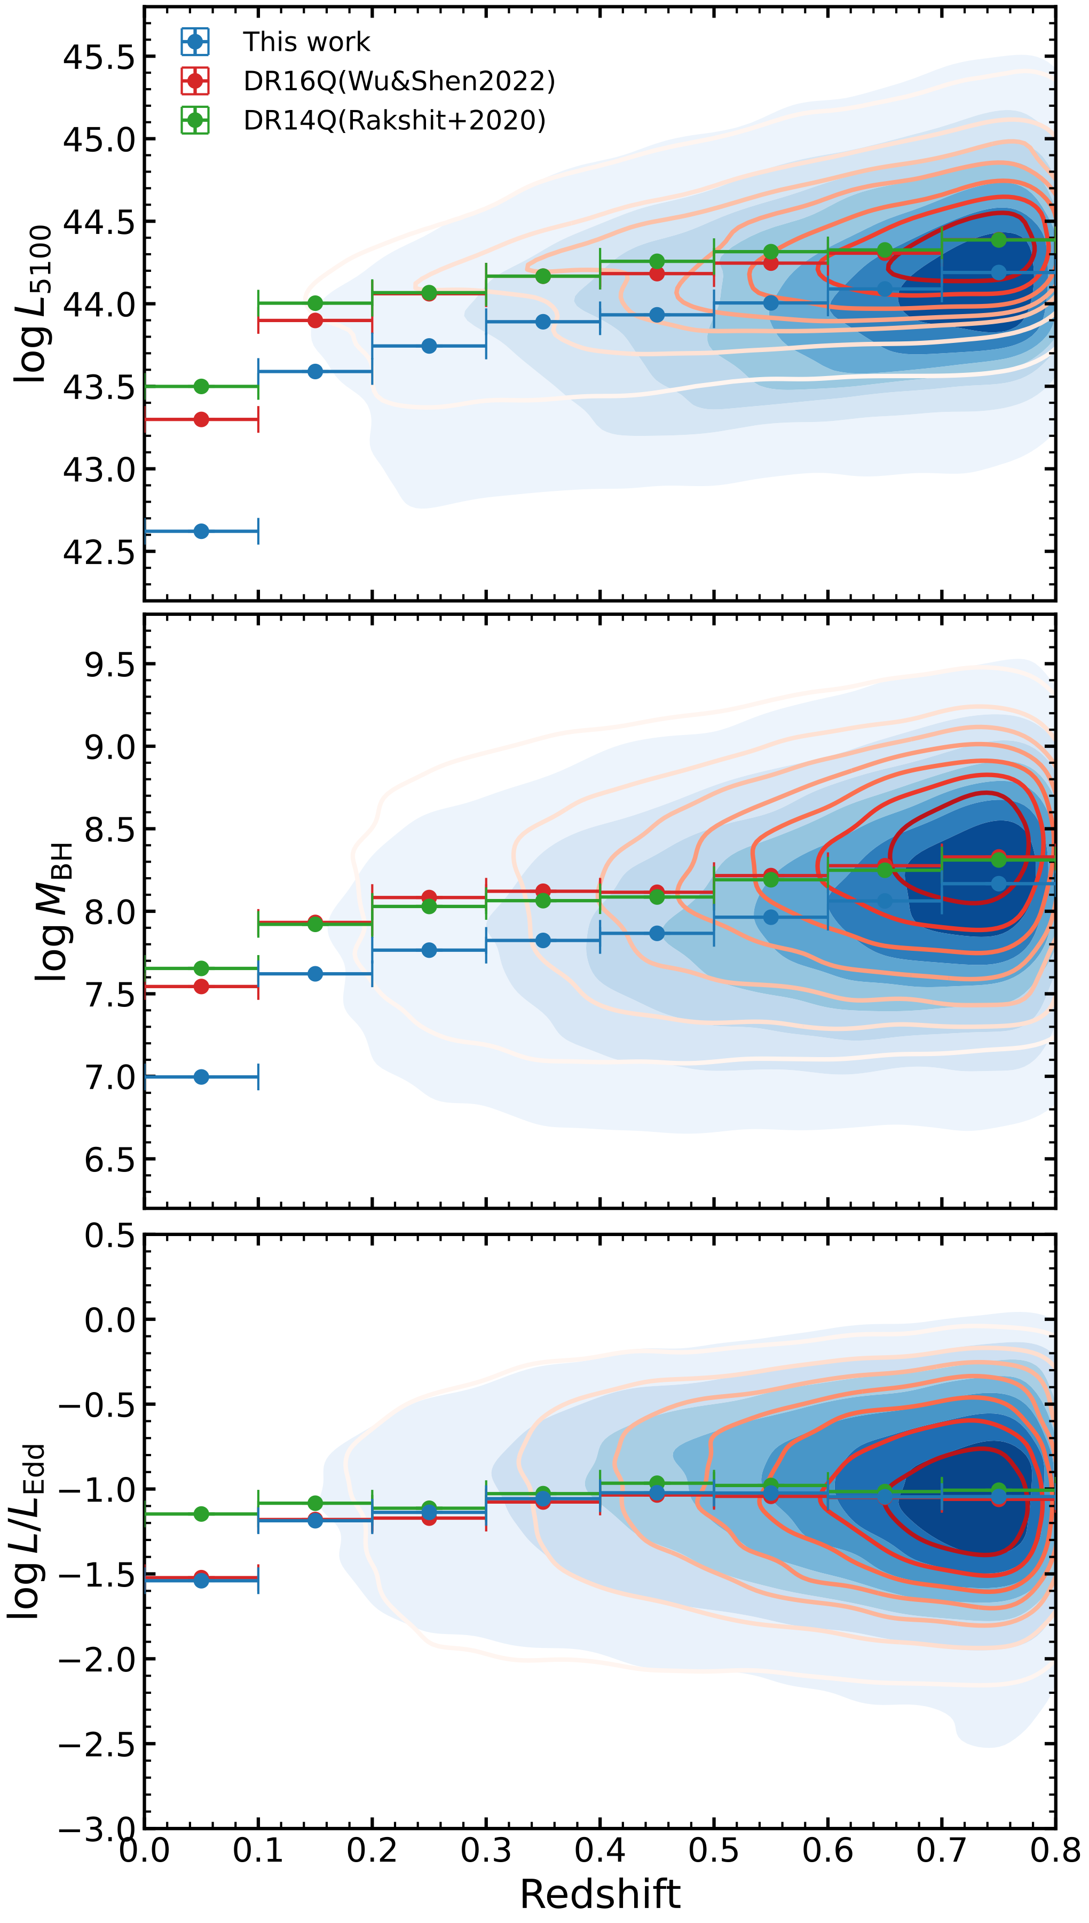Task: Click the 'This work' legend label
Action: pos(306,42)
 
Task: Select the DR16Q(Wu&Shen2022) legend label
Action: pos(399,81)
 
